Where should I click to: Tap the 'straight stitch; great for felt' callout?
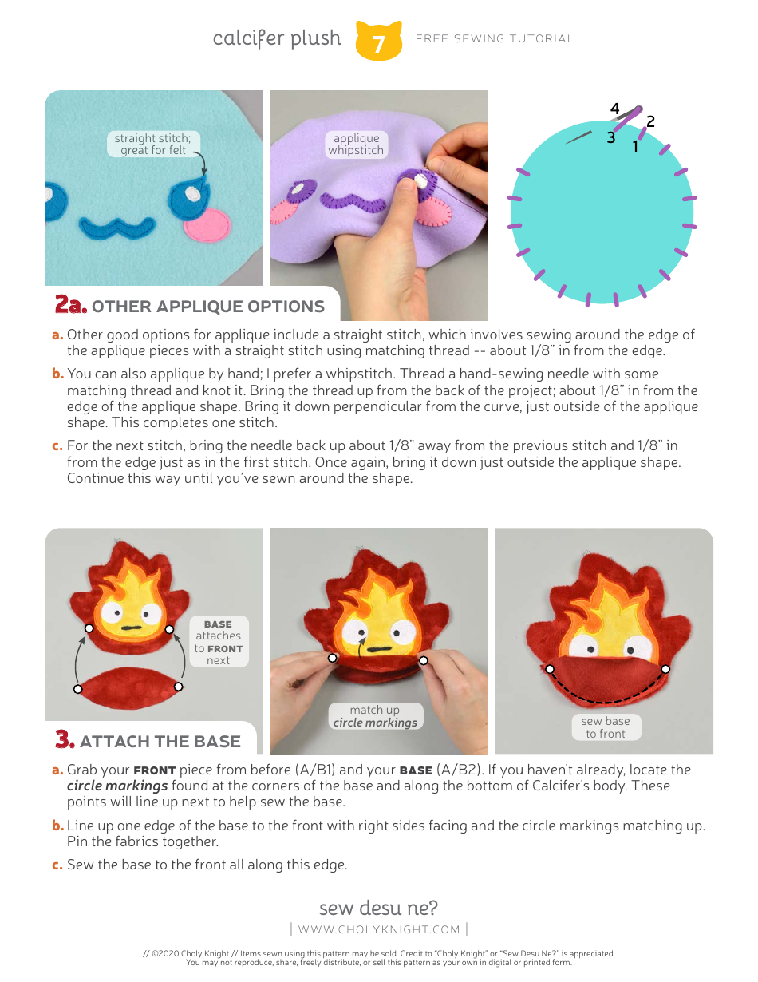pos(152,145)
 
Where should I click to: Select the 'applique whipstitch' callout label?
pos(356,145)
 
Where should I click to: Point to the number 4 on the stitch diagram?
pos(614,109)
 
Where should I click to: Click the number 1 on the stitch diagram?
pos(635,146)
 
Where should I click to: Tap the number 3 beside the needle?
pos(610,137)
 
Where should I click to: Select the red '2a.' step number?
pos(70,306)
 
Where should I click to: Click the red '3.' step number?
pos(65,740)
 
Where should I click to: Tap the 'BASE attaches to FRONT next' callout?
pos(218,641)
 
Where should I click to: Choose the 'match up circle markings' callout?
pos(374,716)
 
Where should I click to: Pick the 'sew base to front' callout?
pos(606,727)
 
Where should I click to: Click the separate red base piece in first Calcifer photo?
pos(128,686)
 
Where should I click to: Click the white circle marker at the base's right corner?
pos(179,686)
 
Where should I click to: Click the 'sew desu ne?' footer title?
pos(378,908)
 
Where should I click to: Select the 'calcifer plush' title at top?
pos(277,38)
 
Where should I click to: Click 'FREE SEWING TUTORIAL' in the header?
pos(495,38)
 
